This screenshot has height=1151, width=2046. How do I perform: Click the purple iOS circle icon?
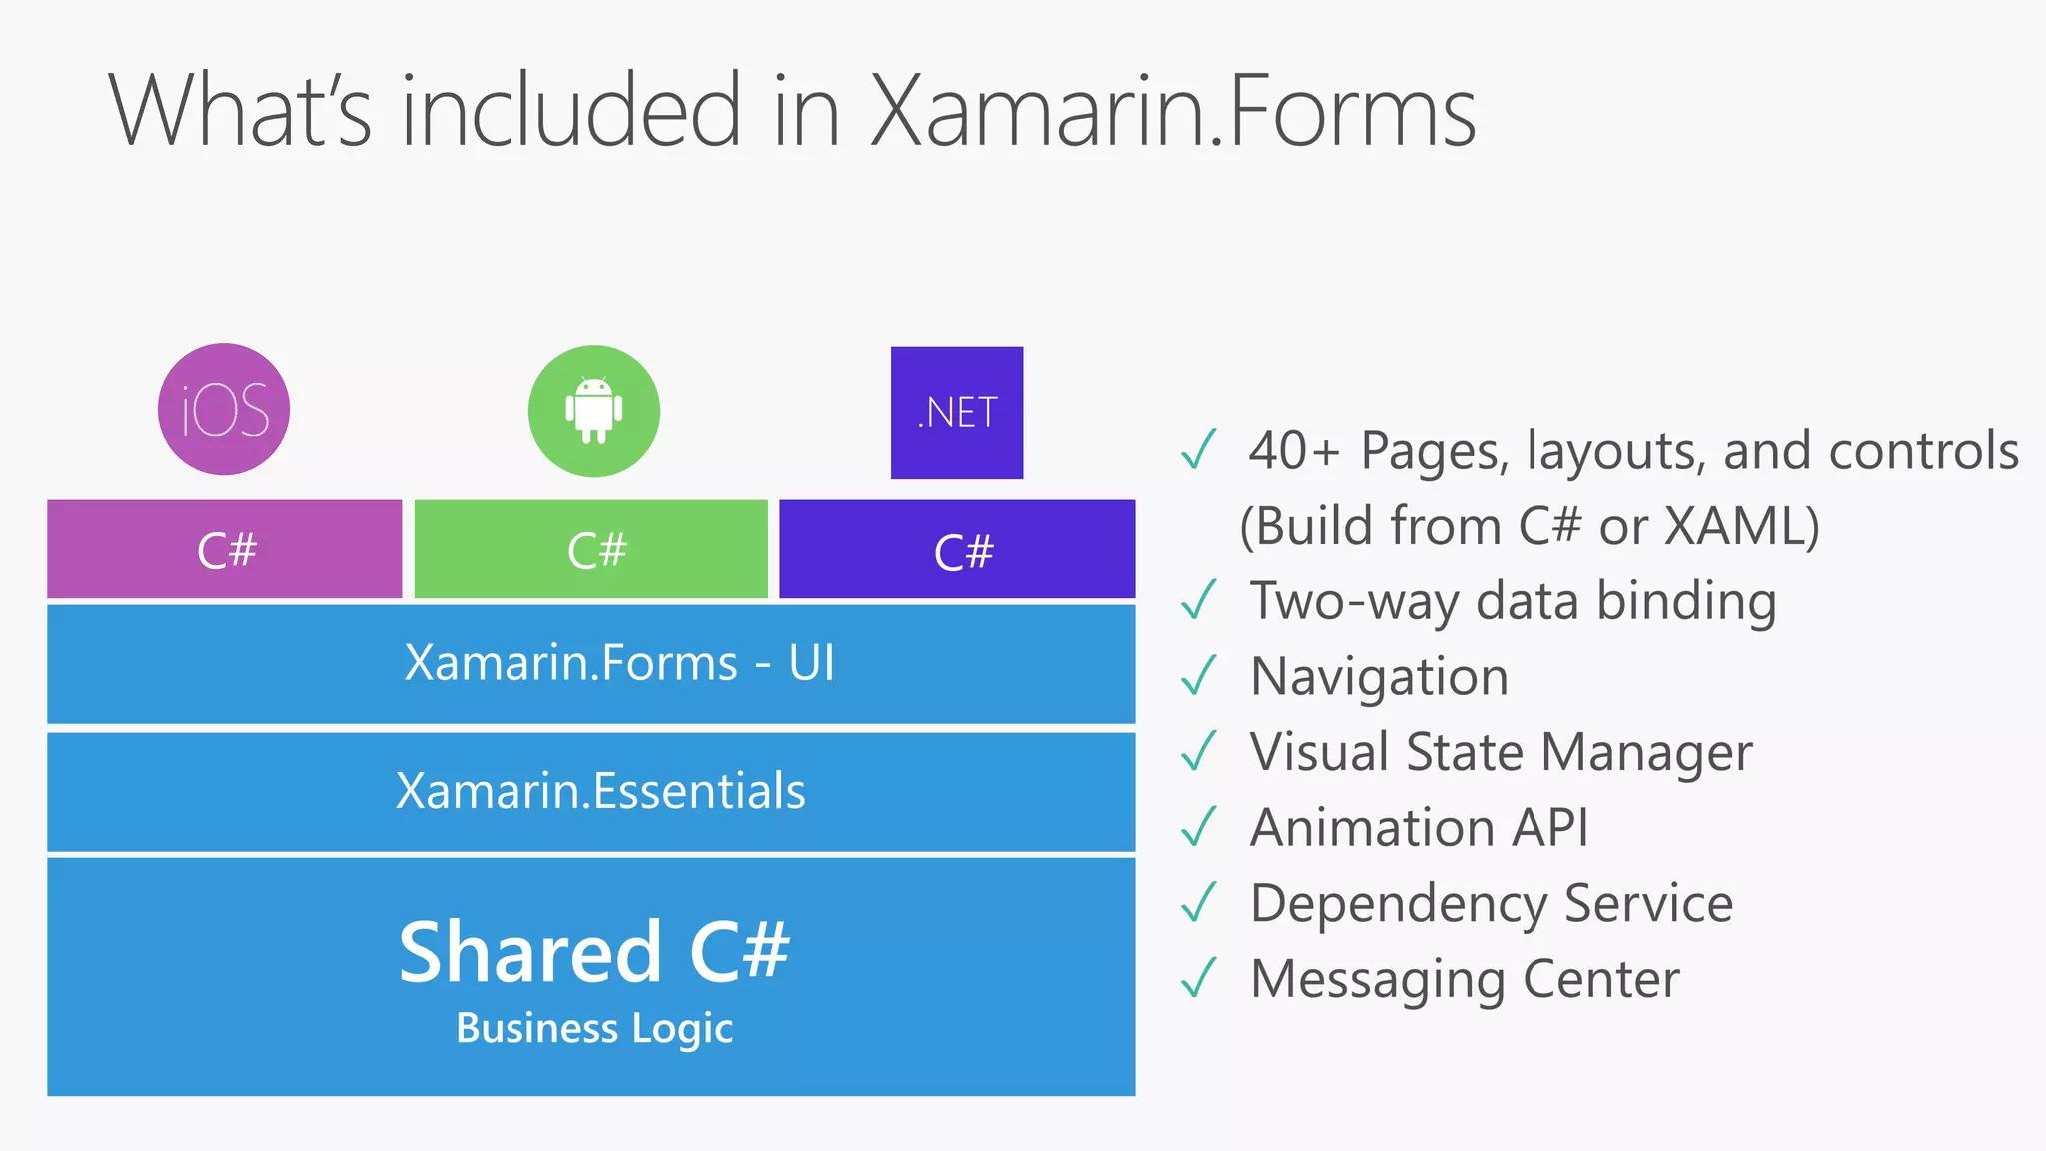224,409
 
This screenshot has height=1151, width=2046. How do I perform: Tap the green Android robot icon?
594,411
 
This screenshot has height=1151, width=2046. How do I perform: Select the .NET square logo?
957,412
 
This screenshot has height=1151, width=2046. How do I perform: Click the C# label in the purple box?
227,550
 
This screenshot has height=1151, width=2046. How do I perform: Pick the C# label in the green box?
597,550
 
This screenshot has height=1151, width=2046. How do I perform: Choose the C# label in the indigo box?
964,552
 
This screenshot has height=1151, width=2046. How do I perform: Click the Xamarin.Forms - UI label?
619,663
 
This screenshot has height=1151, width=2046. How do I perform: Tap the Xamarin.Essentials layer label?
600,791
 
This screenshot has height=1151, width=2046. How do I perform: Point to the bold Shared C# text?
594,951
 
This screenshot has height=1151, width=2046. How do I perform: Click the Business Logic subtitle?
594,1029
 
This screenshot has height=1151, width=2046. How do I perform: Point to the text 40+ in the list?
1293,451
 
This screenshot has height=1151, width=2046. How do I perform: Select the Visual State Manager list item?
1501,752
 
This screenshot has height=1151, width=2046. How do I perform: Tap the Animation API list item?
1419,828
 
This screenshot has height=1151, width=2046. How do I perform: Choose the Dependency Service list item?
1492,904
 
